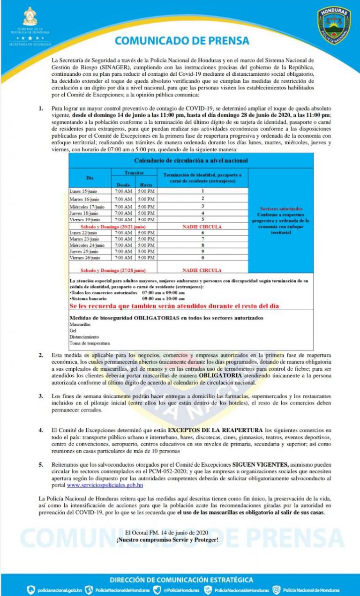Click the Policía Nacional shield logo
pos(334,26)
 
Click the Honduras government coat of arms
pos(30,18)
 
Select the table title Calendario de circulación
pos(191,160)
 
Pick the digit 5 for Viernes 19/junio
pos(202,219)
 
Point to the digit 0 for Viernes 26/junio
pos(202,258)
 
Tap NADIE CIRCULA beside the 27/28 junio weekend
pos(202,270)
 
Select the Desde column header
pos(123,185)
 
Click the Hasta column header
pos(146,185)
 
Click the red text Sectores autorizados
pos(281,209)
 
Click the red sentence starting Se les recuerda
pos(174,306)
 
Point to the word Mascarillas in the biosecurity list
pos(78,324)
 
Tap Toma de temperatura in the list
pos(89,343)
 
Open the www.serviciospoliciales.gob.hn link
pos(105,485)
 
